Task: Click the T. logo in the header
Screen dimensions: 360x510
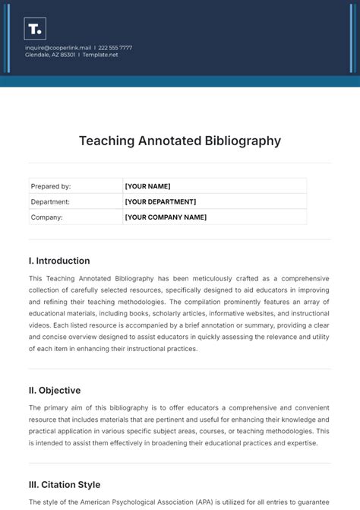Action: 35,29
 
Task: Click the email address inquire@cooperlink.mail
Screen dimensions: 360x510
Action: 58,47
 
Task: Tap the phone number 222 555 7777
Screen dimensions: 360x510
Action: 115,47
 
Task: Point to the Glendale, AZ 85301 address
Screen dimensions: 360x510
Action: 50,54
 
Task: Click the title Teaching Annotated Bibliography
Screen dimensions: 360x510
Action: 180,141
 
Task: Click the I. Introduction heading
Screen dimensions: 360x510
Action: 59,261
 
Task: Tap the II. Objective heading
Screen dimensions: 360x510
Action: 55,391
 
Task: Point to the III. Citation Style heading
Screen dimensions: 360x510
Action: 65,485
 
